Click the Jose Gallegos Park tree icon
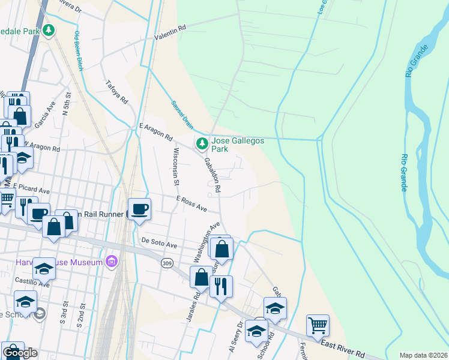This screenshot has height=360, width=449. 202,143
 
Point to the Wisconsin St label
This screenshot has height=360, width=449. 176,165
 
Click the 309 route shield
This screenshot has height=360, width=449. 167,262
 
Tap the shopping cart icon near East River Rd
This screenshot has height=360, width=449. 318,326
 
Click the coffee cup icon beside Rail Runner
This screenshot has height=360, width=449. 140,209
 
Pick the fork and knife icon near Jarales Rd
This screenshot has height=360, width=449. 221,286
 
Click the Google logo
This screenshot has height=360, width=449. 19,353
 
